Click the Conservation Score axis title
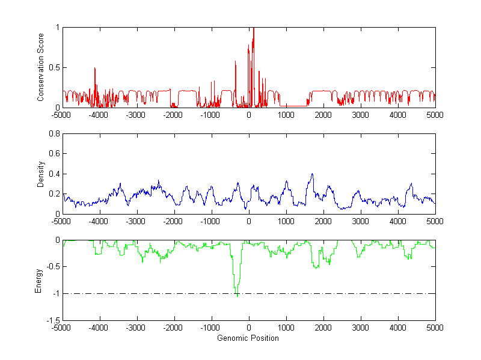[40, 67]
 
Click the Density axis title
[40, 174]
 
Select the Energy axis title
[40, 280]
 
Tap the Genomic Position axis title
[248, 338]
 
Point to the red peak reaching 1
[254, 28]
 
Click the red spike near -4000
[95, 69]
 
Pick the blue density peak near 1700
[312, 174]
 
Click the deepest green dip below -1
[237, 296]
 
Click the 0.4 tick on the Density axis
[52, 174]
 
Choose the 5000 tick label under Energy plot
[435, 328]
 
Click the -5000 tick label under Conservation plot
[61, 115]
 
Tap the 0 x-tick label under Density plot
[248, 221]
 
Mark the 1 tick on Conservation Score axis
[56, 27]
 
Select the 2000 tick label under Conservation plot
[323, 115]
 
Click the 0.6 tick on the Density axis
[52, 154]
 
